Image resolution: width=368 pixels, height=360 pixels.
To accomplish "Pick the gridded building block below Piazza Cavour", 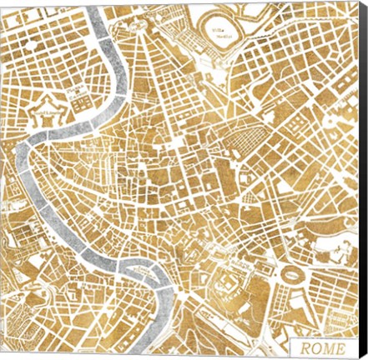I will point(82,103).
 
